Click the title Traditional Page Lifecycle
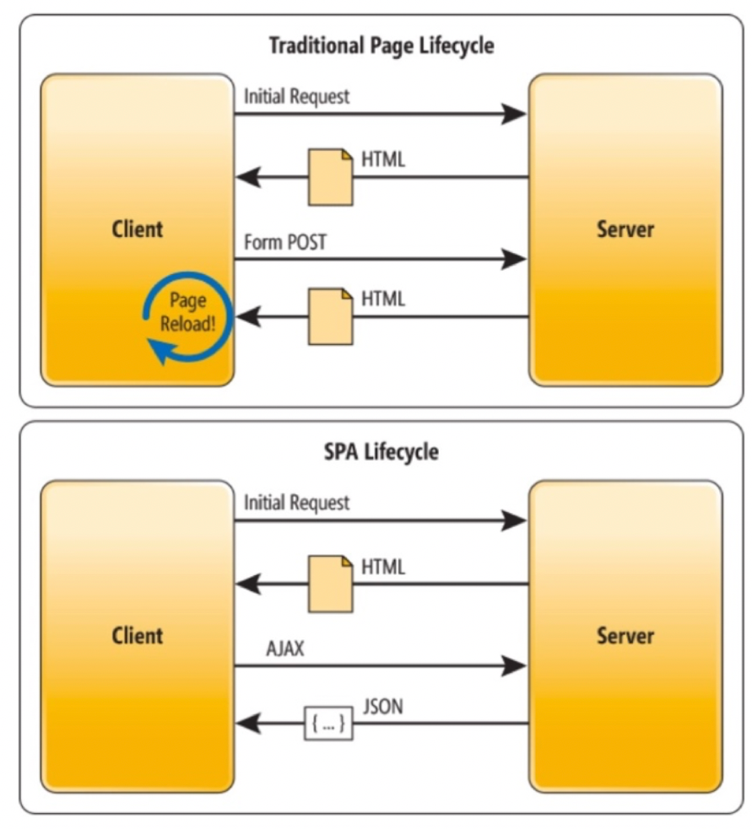(381, 45)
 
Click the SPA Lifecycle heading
(381, 452)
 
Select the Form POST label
(284, 243)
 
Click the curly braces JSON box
(328, 723)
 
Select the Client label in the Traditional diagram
(138, 229)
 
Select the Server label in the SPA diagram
(625, 635)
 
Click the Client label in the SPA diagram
(138, 635)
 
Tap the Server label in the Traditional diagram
(625, 229)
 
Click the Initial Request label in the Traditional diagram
(296, 96)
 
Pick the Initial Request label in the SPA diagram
(296, 503)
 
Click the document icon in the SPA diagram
(330, 584)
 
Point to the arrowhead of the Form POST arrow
(513, 258)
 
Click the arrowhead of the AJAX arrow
(513, 665)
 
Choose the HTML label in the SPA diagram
(383, 567)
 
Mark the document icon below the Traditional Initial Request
(330, 177)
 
